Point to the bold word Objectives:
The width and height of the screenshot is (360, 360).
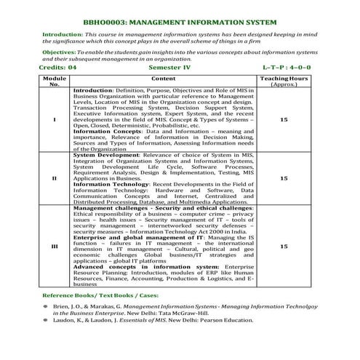coord(60,52)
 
